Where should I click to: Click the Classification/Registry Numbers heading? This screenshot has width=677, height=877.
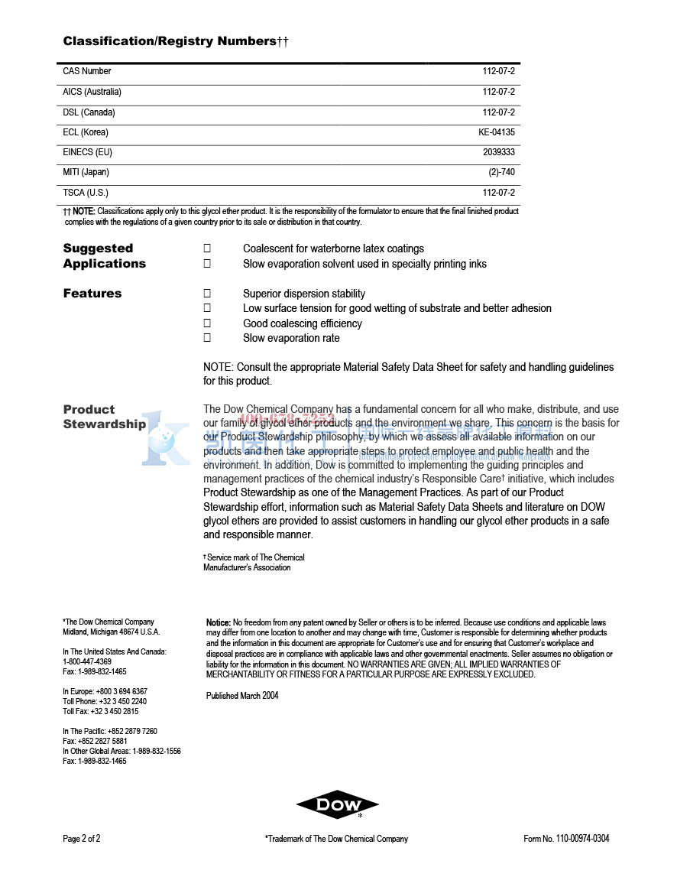tap(175, 41)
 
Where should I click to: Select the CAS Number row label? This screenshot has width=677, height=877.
tap(87, 71)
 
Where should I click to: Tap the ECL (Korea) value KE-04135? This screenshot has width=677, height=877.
tap(497, 132)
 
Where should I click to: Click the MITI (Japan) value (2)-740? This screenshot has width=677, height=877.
tap(501, 173)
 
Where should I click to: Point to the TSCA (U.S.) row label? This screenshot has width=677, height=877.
tap(86, 193)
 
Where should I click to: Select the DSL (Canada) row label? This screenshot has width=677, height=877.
tap(89, 112)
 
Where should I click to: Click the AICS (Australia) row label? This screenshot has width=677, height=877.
tap(92, 92)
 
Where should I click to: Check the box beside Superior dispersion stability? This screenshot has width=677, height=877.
tap(206, 294)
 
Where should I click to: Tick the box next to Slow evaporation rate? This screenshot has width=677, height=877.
tap(206, 338)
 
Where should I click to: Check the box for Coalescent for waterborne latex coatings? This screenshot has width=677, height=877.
tap(206, 248)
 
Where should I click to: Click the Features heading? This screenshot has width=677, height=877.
tap(92, 294)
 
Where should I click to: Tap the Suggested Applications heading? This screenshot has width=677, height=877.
tap(104, 256)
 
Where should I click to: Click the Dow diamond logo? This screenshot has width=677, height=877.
tap(338, 804)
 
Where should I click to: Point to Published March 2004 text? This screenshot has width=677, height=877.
tap(242, 696)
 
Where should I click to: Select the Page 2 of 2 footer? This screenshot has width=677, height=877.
tap(82, 839)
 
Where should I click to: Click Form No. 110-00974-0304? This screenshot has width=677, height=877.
tap(566, 839)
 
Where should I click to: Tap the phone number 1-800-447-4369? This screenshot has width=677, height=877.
tap(87, 661)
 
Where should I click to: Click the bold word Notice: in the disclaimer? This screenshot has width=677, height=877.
tap(219, 623)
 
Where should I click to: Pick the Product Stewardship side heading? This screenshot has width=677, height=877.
tap(104, 417)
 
